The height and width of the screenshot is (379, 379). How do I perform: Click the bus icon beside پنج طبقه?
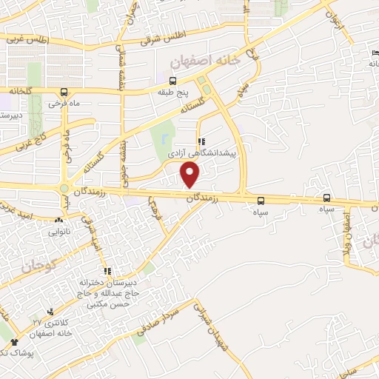(173, 81)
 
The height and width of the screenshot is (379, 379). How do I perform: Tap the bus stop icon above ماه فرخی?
(64, 92)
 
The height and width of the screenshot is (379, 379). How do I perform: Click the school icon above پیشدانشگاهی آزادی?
(200, 142)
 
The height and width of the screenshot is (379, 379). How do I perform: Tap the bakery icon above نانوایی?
(59, 220)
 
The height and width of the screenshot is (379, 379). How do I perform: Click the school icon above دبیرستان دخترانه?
(107, 271)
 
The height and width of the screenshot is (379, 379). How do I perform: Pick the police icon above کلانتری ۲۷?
(50, 312)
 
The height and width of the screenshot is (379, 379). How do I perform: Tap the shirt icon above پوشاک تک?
(14, 342)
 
